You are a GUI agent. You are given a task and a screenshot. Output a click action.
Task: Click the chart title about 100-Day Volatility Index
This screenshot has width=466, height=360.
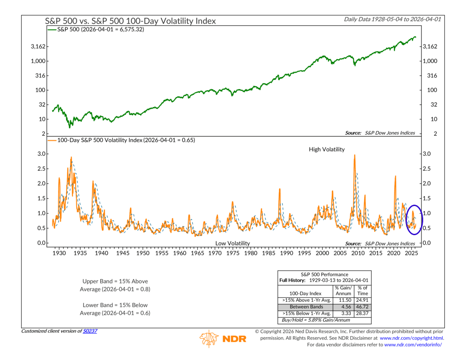point(131,21)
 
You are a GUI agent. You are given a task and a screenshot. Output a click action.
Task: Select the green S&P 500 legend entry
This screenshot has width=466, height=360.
point(97,29)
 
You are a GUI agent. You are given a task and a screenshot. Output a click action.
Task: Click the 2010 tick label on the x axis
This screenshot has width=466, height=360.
point(357,254)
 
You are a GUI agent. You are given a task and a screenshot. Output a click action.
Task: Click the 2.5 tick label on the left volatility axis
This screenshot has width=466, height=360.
point(41,169)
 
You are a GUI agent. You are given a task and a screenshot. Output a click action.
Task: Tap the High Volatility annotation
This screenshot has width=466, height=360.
point(327,150)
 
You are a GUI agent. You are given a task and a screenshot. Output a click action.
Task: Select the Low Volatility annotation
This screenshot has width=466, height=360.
point(233,243)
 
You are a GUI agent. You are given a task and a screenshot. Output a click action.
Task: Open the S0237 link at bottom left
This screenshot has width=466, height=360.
point(90,331)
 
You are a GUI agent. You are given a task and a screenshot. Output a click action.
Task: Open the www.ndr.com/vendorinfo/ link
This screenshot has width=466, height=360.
point(413,345)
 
